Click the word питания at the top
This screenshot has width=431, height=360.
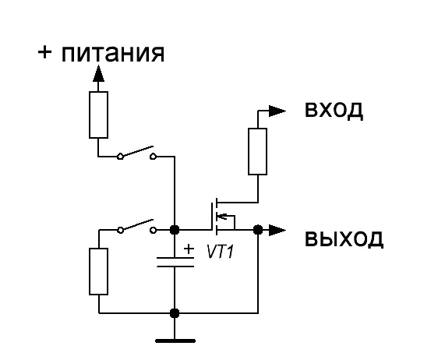[113, 53]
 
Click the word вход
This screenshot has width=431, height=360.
[334, 110]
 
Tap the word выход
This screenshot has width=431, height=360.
[344, 238]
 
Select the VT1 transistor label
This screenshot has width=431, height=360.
[221, 252]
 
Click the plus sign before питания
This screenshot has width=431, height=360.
[44, 52]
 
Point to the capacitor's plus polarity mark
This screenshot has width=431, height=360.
[189, 249]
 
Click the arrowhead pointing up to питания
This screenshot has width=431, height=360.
[98, 73]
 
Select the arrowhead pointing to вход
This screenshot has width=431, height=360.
[277, 111]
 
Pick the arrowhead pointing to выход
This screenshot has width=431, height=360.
[277, 230]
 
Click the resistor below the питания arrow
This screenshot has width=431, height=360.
[98, 115]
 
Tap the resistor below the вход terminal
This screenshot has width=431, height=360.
[257, 151]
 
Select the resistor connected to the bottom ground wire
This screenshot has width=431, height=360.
[98, 271]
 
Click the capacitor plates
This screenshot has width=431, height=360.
[175, 262]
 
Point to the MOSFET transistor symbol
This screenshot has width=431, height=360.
[223, 217]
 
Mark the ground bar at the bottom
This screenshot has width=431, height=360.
[175, 341]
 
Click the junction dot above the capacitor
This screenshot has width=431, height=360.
[175, 230]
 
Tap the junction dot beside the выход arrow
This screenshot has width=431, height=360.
[258, 230]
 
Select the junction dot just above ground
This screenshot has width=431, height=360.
[175, 312]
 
